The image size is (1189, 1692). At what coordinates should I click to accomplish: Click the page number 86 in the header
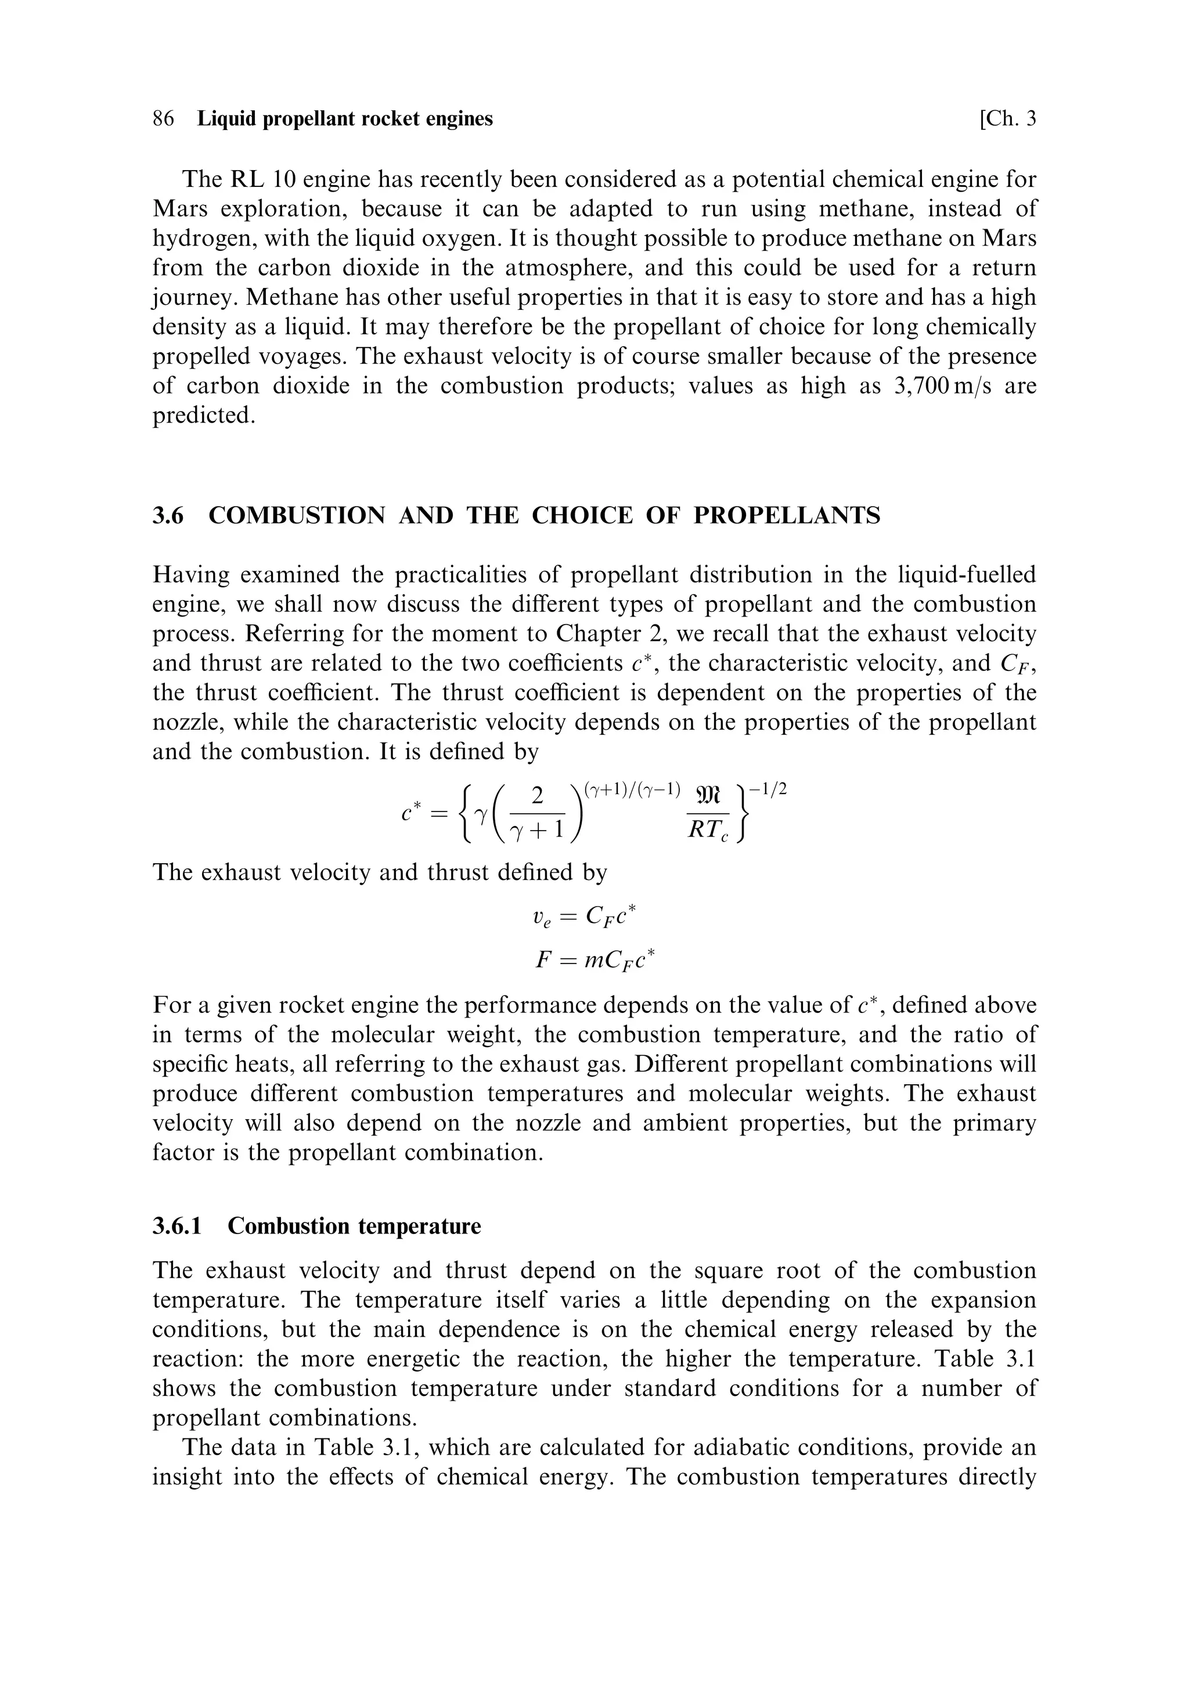pos(163,118)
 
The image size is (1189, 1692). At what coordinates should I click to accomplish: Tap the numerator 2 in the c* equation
pos(538,796)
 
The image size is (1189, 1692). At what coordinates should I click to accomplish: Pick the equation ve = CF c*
pos(583,917)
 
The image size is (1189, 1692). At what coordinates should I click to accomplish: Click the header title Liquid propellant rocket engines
pos(345,118)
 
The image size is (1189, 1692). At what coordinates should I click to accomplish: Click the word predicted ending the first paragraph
pos(203,416)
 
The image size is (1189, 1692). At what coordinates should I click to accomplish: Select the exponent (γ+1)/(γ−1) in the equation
pos(630,791)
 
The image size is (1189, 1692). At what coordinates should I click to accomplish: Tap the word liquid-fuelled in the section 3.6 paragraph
pos(957,575)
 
